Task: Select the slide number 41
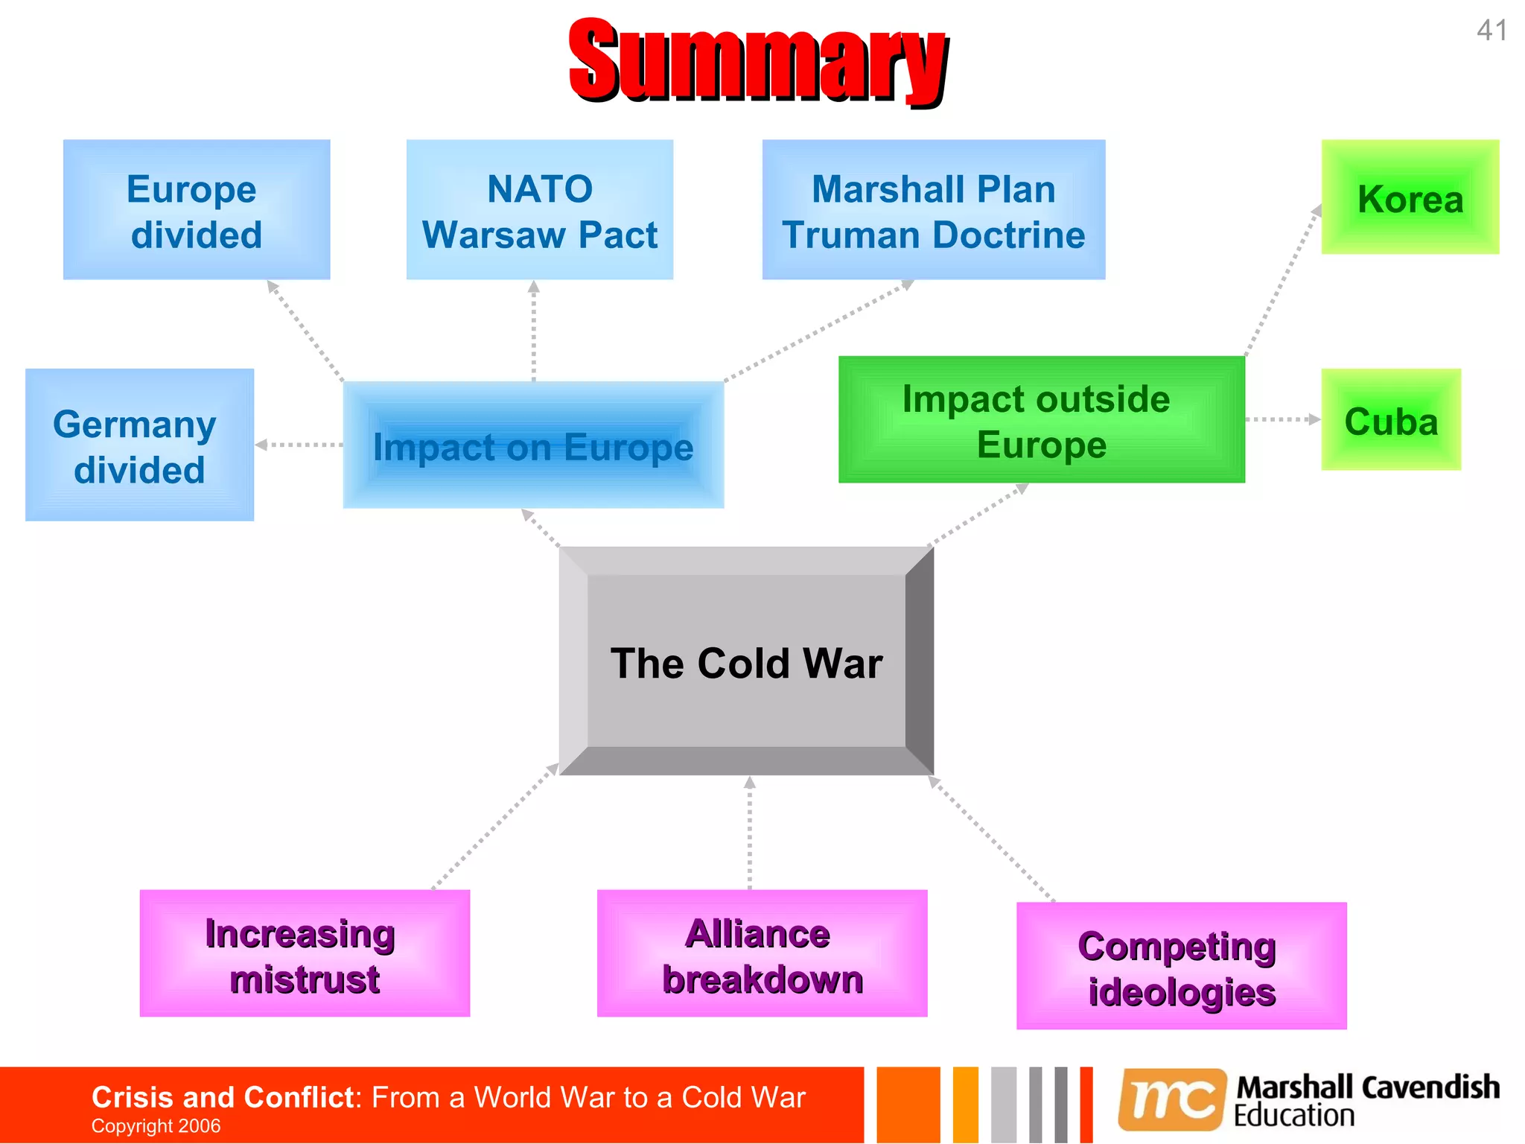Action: [x=1491, y=31]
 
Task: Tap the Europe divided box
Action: [x=196, y=210]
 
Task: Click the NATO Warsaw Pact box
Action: [x=539, y=210]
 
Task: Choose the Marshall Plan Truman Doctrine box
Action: [x=933, y=210]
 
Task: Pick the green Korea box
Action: [x=1410, y=197]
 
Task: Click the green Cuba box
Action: [x=1390, y=420]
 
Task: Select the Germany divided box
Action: [x=139, y=445]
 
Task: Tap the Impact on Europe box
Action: [x=533, y=445]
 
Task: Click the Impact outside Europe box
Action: [x=1041, y=420]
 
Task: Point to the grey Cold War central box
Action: [x=746, y=661]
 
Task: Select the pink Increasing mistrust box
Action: [x=305, y=953]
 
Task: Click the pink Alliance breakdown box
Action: [x=762, y=953]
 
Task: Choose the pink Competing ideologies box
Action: [x=1181, y=966]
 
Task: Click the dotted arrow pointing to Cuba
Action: [x=1282, y=419]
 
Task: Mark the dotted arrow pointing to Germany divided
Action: [x=299, y=445]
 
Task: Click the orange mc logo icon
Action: [x=1172, y=1099]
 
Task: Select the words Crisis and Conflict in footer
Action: [x=222, y=1097]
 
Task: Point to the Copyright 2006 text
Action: [x=156, y=1126]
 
